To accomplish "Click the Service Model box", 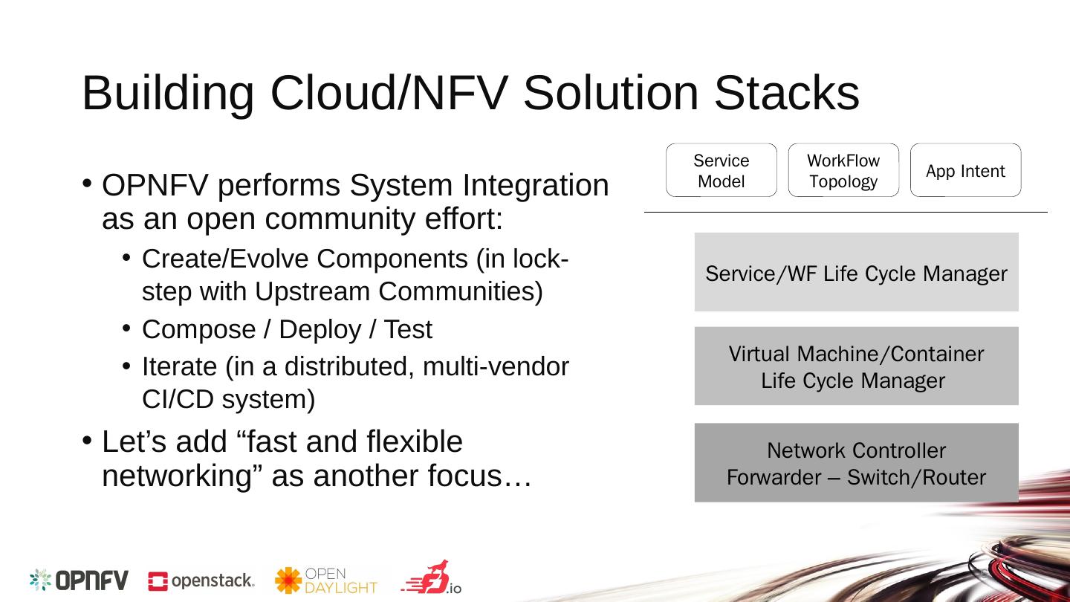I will coord(721,170).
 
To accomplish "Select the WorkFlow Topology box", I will coord(843,170).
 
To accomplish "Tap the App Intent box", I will coord(965,170).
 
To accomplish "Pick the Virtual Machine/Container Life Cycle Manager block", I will coord(856,366).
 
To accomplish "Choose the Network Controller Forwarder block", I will coord(856,462).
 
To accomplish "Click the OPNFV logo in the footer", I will coord(79,580).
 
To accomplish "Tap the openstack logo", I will coord(201,581).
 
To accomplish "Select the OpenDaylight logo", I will coord(325,580).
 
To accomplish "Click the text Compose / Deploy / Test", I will coord(286,329).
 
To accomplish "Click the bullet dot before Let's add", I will coord(87,441).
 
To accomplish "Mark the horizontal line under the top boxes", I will coord(845,213).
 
